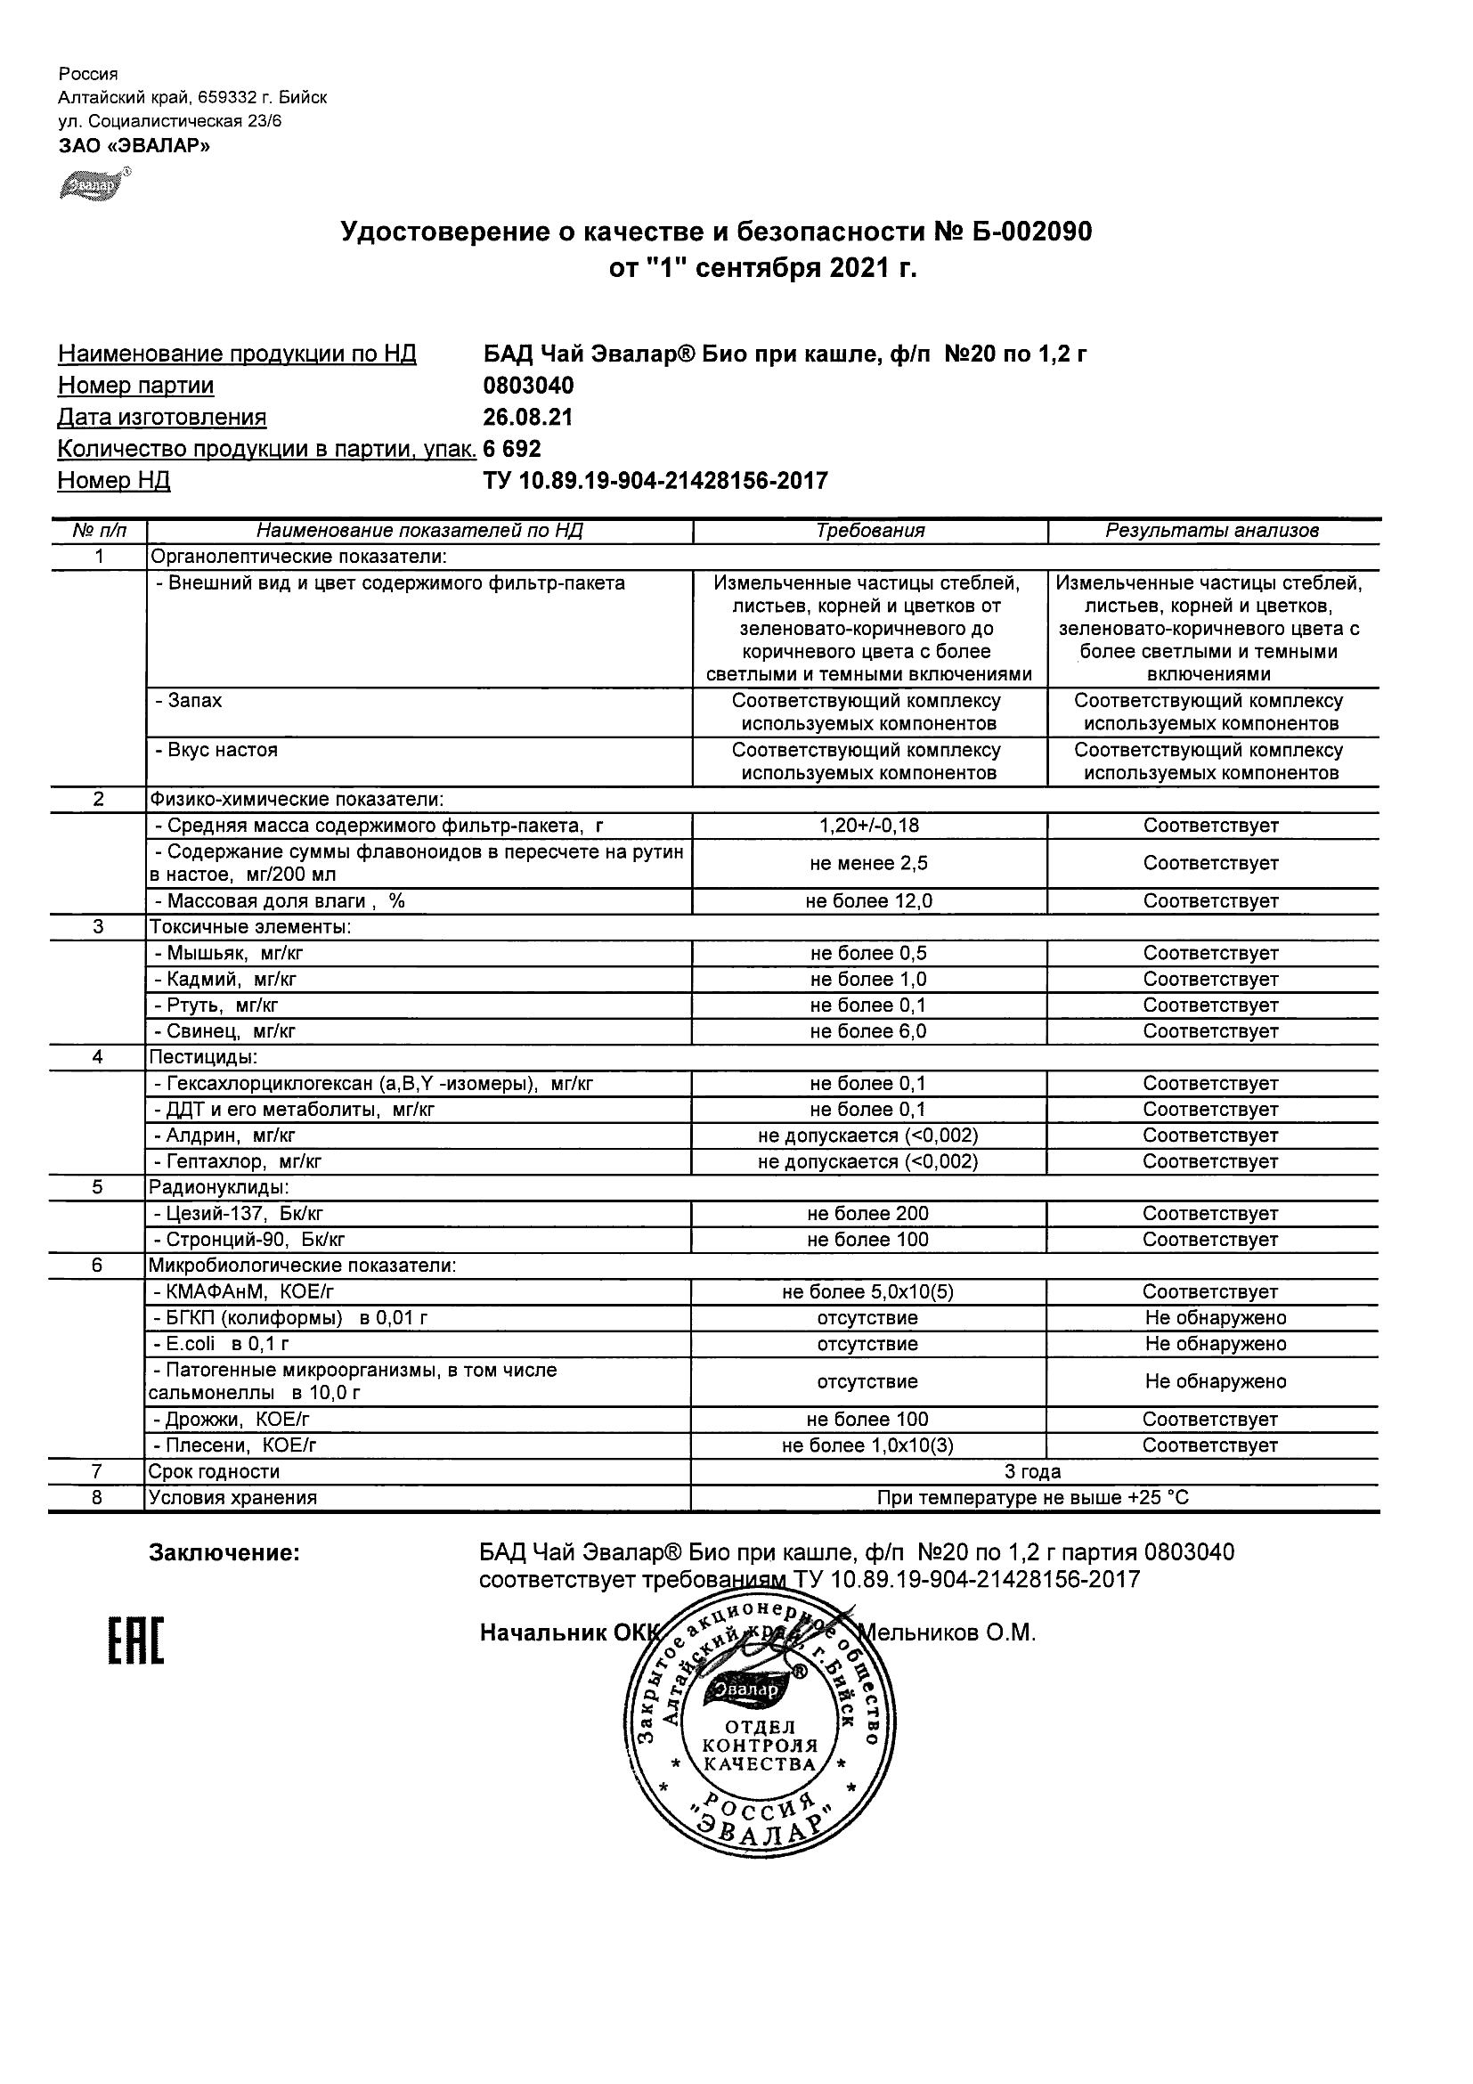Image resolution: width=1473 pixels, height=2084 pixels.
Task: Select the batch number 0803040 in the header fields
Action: (x=528, y=386)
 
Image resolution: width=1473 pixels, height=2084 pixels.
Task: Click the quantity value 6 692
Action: (x=512, y=449)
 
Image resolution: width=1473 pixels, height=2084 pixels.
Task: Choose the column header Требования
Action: (x=869, y=531)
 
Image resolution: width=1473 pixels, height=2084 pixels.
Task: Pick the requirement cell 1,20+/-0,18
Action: (x=868, y=826)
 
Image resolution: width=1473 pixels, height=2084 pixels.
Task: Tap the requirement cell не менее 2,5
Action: (x=868, y=863)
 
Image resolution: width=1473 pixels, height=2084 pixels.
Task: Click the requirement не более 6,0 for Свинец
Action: (x=868, y=1031)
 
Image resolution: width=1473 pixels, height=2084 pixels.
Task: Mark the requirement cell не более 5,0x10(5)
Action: (x=868, y=1291)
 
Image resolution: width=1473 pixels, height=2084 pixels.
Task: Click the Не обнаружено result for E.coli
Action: (x=1216, y=1343)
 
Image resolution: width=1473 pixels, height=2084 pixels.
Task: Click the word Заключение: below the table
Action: (x=224, y=1553)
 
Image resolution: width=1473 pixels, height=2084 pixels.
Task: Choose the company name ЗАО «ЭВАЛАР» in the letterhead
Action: (x=134, y=145)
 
